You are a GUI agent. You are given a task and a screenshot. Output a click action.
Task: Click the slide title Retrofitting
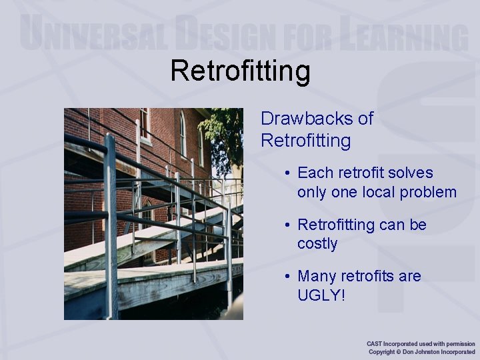click(240, 71)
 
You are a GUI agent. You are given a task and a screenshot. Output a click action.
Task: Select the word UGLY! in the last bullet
click(322, 295)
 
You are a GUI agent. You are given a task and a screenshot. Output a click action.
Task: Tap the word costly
click(317, 244)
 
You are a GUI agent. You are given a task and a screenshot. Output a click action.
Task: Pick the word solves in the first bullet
click(411, 173)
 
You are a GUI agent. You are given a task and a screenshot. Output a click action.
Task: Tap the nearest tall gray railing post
click(111, 227)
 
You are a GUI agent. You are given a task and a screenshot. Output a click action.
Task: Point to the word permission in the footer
click(458, 343)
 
